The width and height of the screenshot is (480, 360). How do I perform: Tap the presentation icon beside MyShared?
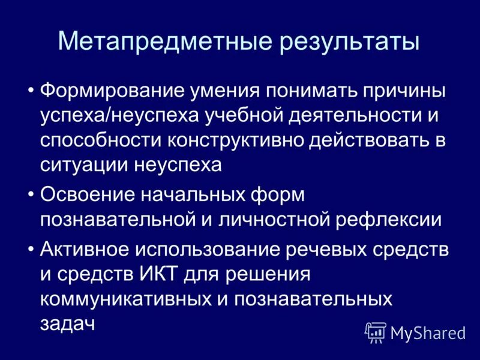click(376, 332)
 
